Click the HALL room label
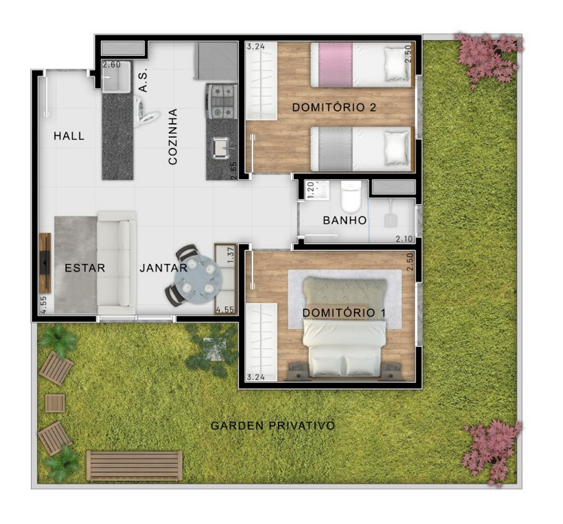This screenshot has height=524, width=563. [69, 136]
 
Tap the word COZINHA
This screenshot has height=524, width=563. [173, 137]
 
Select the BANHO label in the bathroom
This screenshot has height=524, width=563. [345, 220]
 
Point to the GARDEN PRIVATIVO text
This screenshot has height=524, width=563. [273, 426]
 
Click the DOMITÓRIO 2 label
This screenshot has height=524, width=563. [334, 108]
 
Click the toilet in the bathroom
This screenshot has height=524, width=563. [351, 197]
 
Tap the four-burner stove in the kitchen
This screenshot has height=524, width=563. [221, 101]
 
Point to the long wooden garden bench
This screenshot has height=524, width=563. [134, 466]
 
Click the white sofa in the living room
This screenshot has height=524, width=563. [117, 263]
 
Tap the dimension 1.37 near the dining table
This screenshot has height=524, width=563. [230, 255]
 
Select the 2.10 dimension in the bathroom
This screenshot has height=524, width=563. [404, 239]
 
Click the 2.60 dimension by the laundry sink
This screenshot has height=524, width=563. [112, 65]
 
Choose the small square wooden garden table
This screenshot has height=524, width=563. [55, 403]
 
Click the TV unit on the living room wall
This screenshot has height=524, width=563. [45, 263]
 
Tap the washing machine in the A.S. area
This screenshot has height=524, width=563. [146, 111]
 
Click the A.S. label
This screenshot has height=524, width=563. [143, 81]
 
